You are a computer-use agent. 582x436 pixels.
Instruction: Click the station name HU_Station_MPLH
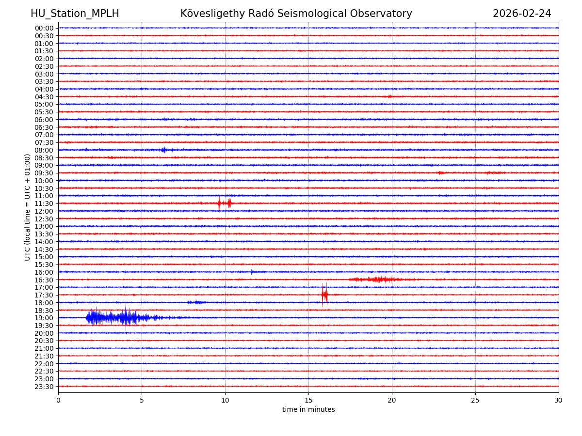(75, 14)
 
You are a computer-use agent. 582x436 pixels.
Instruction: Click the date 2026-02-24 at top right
(522, 14)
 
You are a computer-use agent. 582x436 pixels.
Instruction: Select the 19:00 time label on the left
(44, 318)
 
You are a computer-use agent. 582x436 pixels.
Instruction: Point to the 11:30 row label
(44, 203)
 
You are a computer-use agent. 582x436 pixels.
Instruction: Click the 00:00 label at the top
(44, 28)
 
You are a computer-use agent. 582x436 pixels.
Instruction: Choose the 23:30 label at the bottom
(44, 387)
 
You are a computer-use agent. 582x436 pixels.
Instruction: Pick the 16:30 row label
(44, 280)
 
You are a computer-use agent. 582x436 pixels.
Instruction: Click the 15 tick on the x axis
(308, 401)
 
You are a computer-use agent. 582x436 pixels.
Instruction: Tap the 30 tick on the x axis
(559, 401)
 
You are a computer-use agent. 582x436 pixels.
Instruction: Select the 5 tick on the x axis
(142, 401)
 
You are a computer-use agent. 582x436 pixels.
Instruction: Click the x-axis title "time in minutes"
(308, 410)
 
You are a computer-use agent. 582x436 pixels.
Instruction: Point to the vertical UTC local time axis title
(28, 207)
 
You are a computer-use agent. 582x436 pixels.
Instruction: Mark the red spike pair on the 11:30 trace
(224, 203)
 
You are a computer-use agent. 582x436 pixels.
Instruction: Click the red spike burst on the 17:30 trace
(324, 295)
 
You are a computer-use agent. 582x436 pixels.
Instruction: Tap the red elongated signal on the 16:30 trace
(381, 280)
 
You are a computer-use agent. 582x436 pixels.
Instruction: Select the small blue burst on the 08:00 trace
(164, 150)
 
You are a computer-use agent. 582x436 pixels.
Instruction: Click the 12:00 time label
(44, 211)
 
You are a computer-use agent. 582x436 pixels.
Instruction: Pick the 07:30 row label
(44, 142)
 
